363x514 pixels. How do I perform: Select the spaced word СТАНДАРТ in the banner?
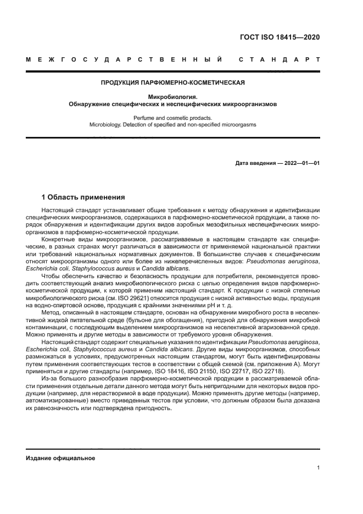(279, 59)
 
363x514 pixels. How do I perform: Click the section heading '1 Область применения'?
(83, 197)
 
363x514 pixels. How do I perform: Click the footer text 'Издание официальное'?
(60, 458)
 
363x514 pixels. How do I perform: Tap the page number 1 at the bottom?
(318, 468)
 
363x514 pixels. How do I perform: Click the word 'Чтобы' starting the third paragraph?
(52, 274)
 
